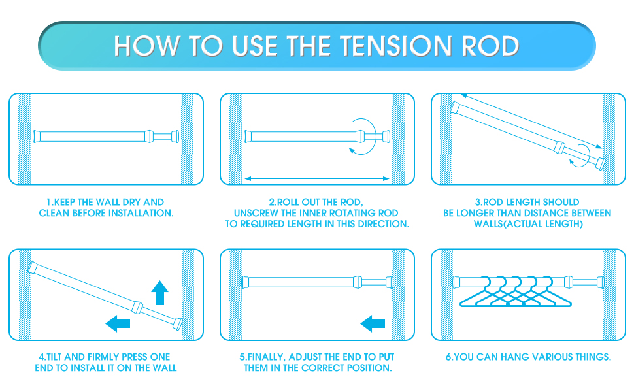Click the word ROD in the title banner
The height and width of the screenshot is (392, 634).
click(x=490, y=46)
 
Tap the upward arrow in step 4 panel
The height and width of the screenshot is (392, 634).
click(x=159, y=293)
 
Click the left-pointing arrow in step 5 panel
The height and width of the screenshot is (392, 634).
click(x=373, y=322)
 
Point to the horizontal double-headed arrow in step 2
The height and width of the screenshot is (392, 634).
click(x=317, y=178)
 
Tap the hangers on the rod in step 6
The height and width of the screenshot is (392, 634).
click(x=508, y=292)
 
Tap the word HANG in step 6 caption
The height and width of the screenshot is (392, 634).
click(x=509, y=357)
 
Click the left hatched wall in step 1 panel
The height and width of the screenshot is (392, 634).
click(x=24, y=139)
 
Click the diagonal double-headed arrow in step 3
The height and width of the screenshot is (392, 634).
click(x=529, y=122)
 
